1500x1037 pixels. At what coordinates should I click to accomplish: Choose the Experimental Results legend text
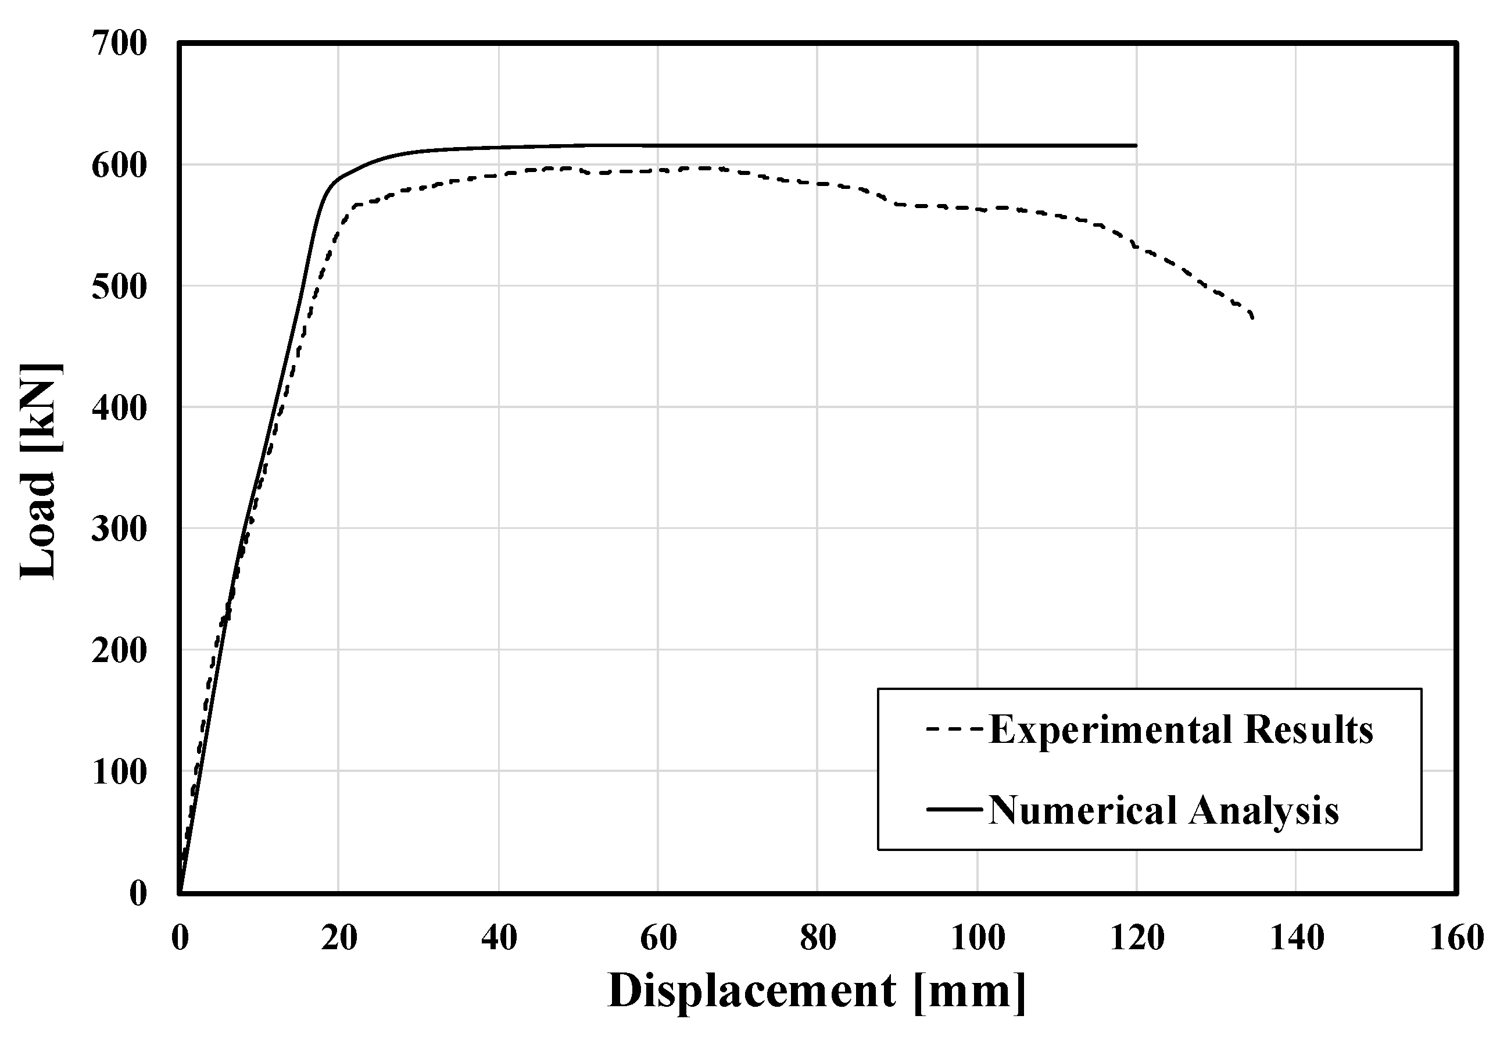[x=1181, y=730]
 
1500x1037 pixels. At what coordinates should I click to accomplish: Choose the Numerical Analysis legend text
[x=1164, y=810]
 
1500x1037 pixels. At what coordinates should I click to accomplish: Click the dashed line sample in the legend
[x=955, y=730]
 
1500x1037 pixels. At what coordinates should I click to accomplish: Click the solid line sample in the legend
[x=955, y=809]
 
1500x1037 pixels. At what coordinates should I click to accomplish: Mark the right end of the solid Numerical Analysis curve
[x=1136, y=145]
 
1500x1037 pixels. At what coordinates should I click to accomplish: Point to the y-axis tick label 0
[x=138, y=894]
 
